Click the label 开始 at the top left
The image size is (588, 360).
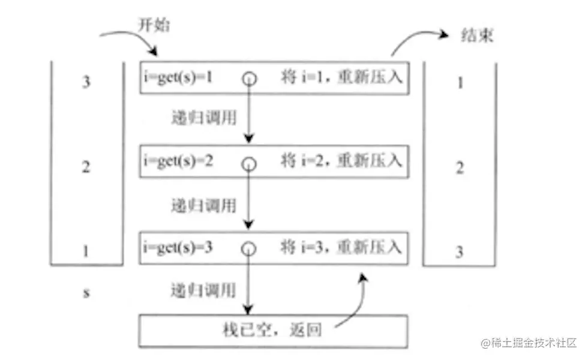(155, 26)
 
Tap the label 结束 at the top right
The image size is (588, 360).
(478, 35)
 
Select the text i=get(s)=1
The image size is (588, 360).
(178, 79)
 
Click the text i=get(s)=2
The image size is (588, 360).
(178, 161)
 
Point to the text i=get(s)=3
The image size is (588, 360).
(178, 246)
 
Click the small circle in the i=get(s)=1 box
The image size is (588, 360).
(249, 79)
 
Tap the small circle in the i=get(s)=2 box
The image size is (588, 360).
(249, 163)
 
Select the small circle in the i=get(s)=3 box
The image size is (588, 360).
(249, 248)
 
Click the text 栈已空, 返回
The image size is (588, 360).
(273, 329)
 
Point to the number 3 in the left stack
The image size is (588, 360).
(86, 82)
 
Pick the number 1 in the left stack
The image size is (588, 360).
(86, 251)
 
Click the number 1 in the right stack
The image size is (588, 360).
(460, 82)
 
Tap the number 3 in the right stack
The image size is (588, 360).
(460, 252)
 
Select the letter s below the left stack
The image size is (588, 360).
(86, 293)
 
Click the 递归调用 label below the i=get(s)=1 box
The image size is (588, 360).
(203, 118)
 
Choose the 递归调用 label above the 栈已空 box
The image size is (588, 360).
(203, 290)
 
